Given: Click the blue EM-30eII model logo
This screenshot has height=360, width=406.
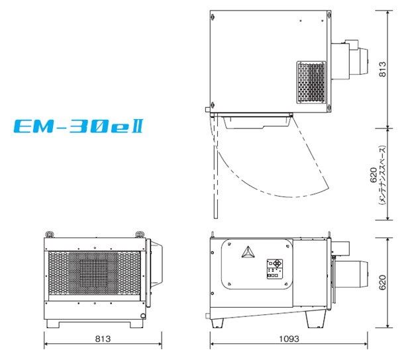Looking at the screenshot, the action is tap(78, 126).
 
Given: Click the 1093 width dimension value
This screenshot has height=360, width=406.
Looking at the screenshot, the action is tap(289, 339).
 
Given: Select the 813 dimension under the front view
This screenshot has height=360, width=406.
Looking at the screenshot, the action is tap(103, 339).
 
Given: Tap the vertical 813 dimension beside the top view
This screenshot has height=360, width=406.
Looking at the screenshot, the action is tap(382, 69).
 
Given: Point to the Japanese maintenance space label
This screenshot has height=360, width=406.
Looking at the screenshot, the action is tap(382, 175).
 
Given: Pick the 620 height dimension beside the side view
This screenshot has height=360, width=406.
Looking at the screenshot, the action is tap(382, 283).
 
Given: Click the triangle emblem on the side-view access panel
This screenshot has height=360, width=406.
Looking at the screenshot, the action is tap(248, 252).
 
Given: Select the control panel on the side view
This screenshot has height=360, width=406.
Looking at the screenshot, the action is tap(275, 269).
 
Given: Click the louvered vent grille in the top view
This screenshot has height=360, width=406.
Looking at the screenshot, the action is tap(311, 82).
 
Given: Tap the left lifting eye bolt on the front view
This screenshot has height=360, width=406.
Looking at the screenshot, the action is tap(49, 234).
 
